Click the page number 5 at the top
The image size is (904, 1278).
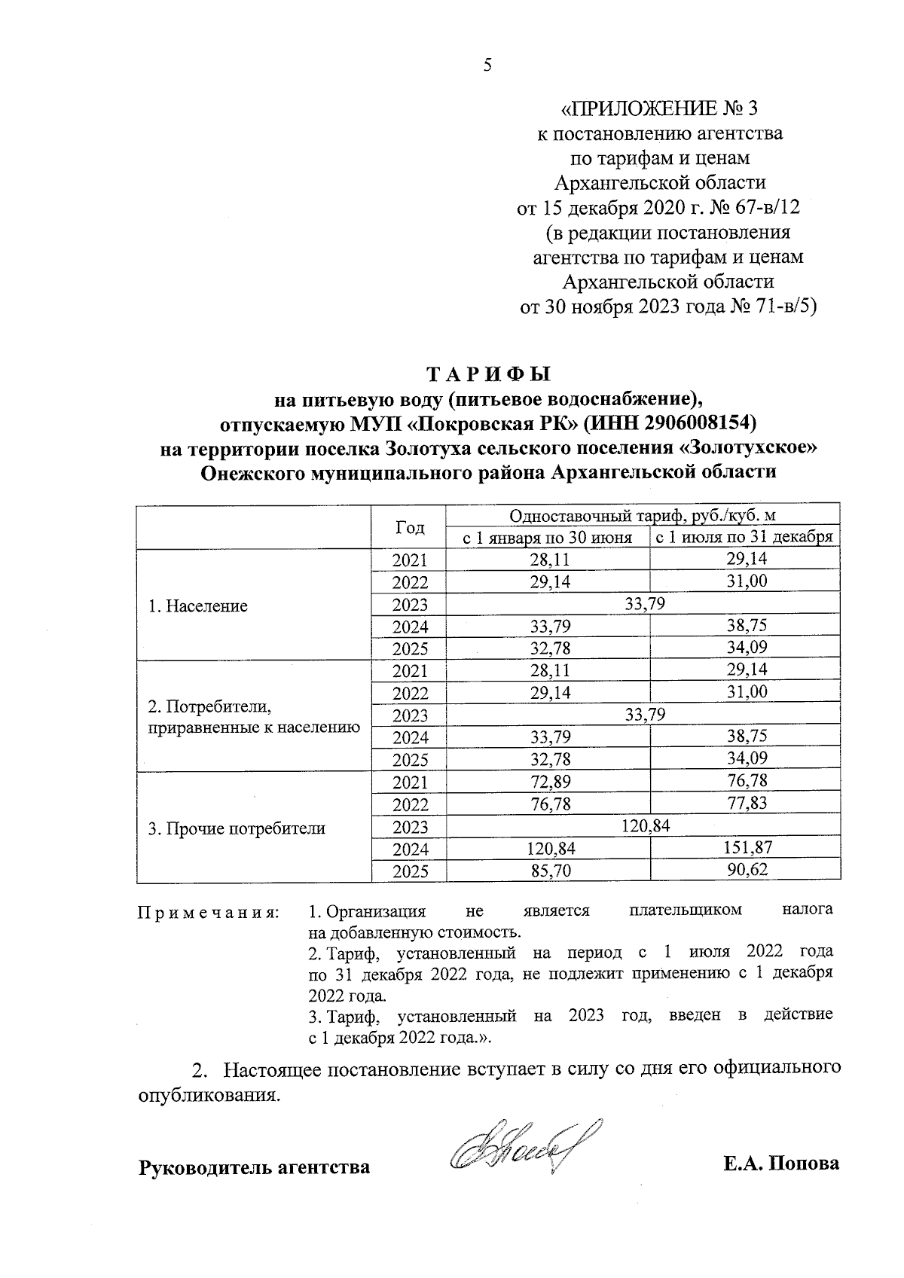pyautogui.click(x=487, y=66)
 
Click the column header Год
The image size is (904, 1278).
pyautogui.click(x=410, y=527)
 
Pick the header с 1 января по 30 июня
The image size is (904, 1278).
pyautogui.click(x=548, y=538)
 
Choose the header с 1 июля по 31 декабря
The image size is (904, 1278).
pyautogui.click(x=745, y=538)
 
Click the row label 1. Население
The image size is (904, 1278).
pyautogui.click(x=198, y=606)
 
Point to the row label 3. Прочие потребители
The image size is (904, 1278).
pyautogui.click(x=237, y=829)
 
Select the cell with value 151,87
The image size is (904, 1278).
pyautogui.click(x=745, y=849)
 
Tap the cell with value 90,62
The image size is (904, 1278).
pyautogui.click(x=745, y=871)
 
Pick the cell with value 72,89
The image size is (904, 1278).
pyautogui.click(x=549, y=782)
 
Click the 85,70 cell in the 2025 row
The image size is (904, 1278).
pyautogui.click(x=549, y=871)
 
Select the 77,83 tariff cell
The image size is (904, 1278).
pyautogui.click(x=745, y=804)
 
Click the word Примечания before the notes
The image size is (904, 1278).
pyautogui.click(x=208, y=914)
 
